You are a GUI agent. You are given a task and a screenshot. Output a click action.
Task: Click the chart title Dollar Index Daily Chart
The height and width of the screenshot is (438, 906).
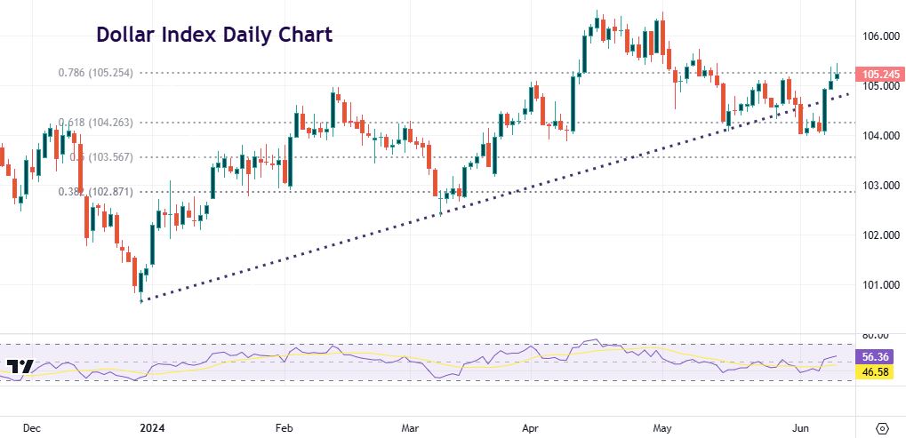click(x=214, y=36)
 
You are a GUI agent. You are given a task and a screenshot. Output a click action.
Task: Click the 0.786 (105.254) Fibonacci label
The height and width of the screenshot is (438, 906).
click(x=96, y=73)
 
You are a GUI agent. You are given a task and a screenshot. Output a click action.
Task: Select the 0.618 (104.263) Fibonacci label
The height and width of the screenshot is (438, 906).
click(x=96, y=123)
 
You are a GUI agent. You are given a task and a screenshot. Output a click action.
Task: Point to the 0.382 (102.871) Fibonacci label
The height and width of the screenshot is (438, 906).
click(x=96, y=191)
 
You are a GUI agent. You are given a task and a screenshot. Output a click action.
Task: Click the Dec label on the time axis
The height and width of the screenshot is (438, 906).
click(x=32, y=427)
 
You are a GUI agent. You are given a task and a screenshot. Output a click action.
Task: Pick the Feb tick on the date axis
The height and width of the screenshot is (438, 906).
click(x=285, y=427)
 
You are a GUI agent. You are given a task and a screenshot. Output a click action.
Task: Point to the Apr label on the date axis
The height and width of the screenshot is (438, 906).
click(x=531, y=427)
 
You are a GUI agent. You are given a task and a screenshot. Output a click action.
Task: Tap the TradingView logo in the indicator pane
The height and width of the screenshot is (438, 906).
click(x=20, y=366)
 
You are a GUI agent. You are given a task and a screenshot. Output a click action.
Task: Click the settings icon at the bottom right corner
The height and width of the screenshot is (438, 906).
click(x=883, y=427)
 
